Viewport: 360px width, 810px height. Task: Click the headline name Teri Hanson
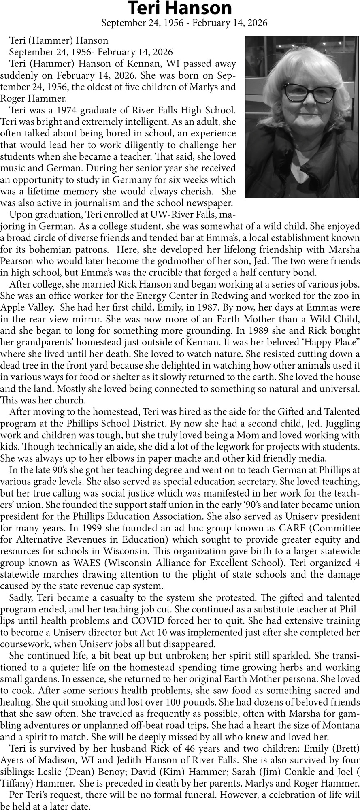(x=180, y=8)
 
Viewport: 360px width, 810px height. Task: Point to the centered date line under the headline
(x=184, y=23)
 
